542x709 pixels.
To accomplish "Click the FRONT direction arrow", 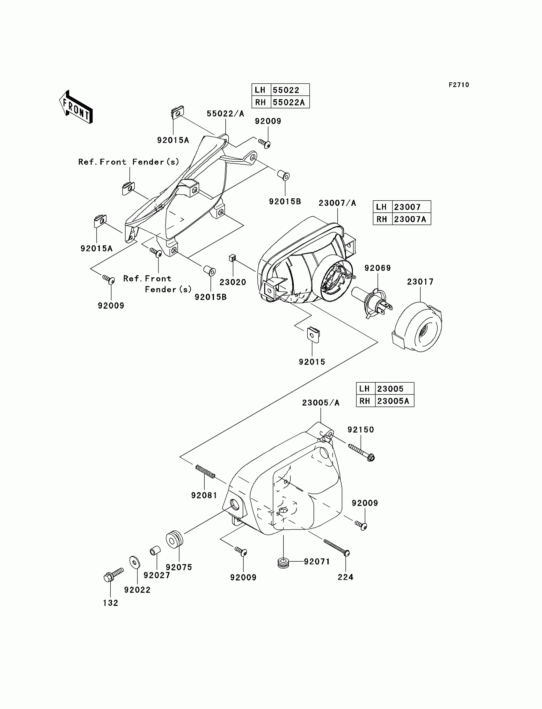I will click(x=76, y=107).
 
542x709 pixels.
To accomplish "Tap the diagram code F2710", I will click(x=458, y=85).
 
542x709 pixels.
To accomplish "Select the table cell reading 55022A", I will click(x=289, y=102).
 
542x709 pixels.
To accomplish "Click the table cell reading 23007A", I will click(x=410, y=219).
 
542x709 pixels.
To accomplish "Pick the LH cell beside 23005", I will click(x=365, y=389).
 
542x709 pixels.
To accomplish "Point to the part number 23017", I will click(x=420, y=282).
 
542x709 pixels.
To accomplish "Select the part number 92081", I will click(x=204, y=495).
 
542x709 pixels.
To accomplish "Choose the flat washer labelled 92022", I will click(x=134, y=562).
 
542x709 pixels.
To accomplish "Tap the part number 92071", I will click(x=317, y=562).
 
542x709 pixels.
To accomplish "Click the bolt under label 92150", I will click(x=361, y=452).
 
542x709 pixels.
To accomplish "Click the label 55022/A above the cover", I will click(x=225, y=114).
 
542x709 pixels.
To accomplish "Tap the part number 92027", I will click(x=157, y=575).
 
